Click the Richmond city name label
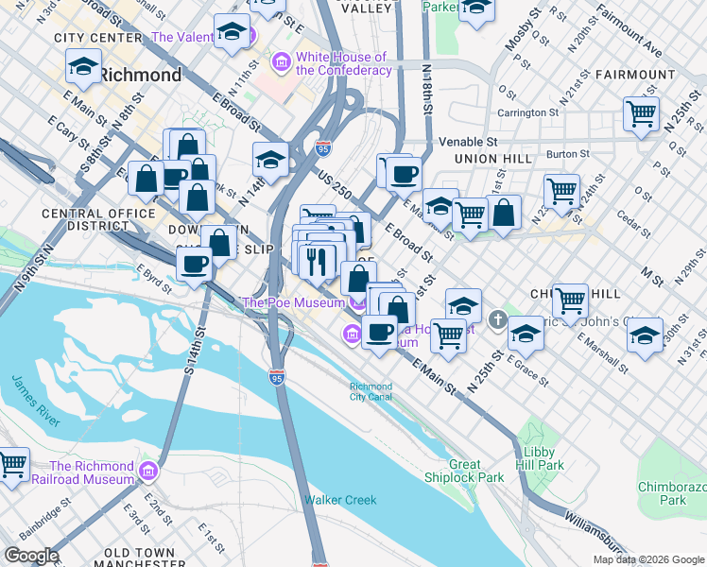[x=141, y=75]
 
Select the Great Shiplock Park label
[x=477, y=471]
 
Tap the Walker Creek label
[x=340, y=500]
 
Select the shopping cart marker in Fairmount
[x=642, y=114]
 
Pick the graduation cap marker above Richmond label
[x=83, y=67]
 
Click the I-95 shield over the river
[x=276, y=376]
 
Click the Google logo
[x=31, y=556]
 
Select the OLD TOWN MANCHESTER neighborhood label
[x=140, y=558]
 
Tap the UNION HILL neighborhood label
[x=492, y=159]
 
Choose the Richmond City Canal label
[x=371, y=391]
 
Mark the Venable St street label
[x=468, y=141]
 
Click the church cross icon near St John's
[x=499, y=318]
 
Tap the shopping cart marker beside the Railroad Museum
[x=11, y=464]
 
